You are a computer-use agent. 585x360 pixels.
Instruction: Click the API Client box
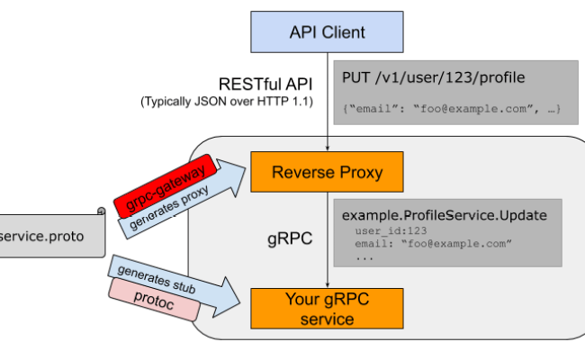pos(327,33)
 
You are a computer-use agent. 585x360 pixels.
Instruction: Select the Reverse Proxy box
pos(327,172)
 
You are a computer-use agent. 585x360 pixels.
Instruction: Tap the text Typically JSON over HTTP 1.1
pos(227,102)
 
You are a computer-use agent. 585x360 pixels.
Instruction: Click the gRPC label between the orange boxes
pos(290,241)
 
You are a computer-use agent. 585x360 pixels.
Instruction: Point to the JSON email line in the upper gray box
pos(451,109)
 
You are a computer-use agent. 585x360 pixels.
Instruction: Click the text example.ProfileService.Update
pos(439,216)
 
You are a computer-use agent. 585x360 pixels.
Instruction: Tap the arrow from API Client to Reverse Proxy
pos(327,117)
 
